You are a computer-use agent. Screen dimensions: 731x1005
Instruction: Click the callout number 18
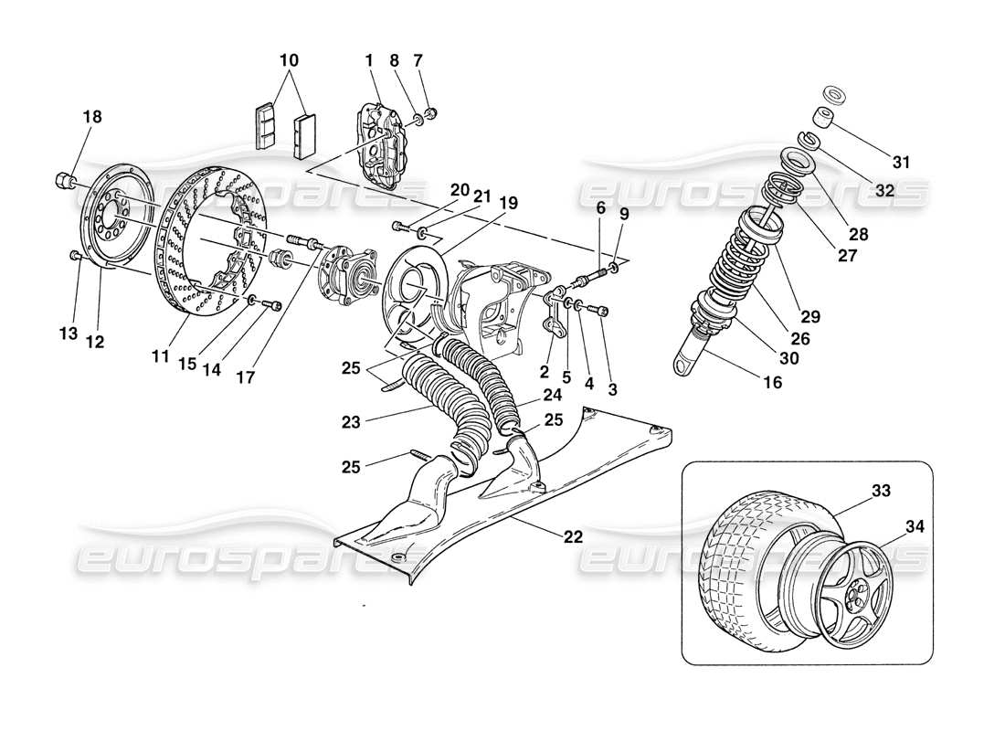tap(91, 117)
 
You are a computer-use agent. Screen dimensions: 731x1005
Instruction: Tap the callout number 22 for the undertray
tap(573, 536)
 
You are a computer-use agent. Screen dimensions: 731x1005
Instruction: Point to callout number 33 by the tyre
tap(881, 491)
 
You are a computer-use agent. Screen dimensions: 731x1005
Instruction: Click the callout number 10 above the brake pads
tap(289, 60)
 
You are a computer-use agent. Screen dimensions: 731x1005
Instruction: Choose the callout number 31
tap(901, 163)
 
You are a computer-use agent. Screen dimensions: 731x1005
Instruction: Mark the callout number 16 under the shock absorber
tap(772, 383)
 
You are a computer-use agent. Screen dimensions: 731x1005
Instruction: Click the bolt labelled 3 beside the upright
tap(602, 313)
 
